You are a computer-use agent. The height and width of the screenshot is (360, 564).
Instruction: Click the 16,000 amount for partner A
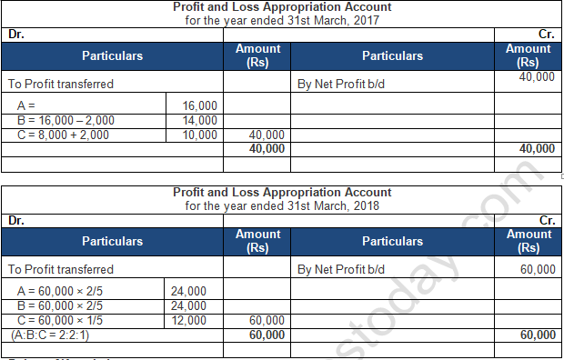pyautogui.click(x=200, y=106)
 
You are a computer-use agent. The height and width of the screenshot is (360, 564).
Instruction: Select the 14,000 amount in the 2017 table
pyautogui.click(x=200, y=120)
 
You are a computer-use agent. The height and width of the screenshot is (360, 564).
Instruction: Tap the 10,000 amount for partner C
pyautogui.click(x=200, y=135)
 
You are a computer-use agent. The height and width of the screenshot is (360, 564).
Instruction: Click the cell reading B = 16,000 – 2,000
pyautogui.click(x=64, y=120)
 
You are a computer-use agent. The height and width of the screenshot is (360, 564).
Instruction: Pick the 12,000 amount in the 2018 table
pyautogui.click(x=188, y=321)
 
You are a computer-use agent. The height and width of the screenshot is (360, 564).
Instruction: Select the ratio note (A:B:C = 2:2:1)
pyautogui.click(x=57, y=335)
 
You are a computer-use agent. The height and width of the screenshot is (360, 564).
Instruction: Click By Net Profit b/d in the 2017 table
pyautogui.click(x=341, y=84)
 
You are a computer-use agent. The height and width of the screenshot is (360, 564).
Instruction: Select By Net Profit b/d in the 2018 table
pyautogui.click(x=341, y=270)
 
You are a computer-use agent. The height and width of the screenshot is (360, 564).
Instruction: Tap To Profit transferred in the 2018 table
pyautogui.click(x=61, y=270)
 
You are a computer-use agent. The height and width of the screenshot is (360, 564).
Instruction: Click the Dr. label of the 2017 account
pyautogui.click(x=15, y=35)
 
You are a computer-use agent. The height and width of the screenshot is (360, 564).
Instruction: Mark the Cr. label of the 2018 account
pyautogui.click(x=547, y=220)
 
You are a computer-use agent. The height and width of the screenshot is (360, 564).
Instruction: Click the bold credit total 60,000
pyautogui.click(x=538, y=335)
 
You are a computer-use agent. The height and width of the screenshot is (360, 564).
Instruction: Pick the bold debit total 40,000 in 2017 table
pyautogui.click(x=266, y=148)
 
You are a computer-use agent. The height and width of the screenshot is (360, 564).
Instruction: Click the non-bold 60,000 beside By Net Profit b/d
pyautogui.click(x=538, y=270)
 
